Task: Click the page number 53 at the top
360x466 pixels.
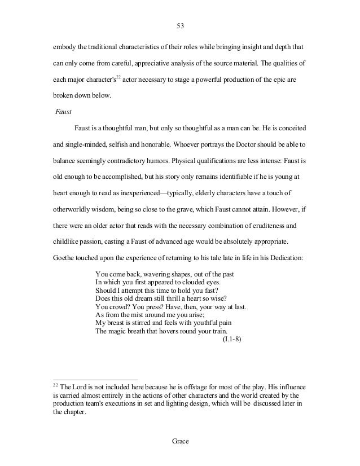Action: coord(180,24)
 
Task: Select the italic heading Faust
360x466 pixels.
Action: coord(64,112)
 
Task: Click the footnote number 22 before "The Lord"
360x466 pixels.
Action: coord(55,385)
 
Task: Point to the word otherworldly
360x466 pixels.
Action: coord(72,208)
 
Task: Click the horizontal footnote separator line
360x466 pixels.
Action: coord(95,379)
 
